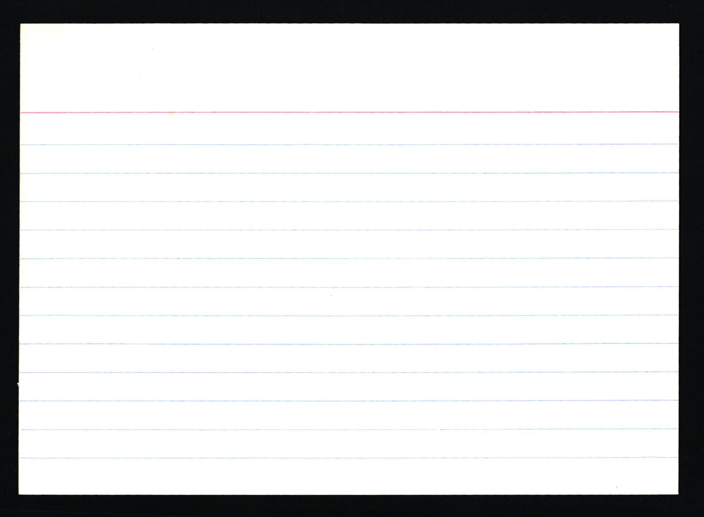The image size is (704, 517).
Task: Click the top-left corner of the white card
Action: (x=21, y=24)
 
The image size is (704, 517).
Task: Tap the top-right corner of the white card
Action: (x=679, y=24)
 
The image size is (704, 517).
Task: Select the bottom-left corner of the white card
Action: (x=19, y=494)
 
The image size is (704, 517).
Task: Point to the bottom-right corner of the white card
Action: (x=678, y=494)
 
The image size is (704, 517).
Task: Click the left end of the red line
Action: (x=21, y=112)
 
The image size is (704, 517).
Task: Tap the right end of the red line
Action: (x=678, y=112)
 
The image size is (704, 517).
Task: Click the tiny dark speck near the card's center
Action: (x=331, y=295)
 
